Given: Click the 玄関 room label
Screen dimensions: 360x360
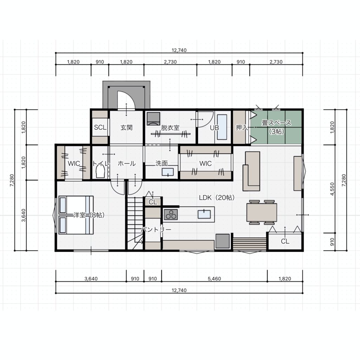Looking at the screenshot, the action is (127, 127).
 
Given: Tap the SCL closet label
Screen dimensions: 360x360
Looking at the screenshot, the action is (100, 127).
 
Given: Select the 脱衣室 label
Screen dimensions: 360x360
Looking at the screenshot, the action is (170, 128).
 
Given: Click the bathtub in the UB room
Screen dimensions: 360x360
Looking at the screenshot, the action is (222, 127).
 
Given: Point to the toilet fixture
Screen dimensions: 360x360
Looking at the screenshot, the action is (100, 172).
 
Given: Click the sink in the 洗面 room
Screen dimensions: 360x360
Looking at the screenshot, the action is (168, 172).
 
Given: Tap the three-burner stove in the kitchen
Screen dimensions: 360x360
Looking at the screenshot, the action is (171, 214).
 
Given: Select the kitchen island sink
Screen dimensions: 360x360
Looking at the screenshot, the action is (204, 214).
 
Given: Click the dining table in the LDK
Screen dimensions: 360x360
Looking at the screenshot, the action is (262, 212).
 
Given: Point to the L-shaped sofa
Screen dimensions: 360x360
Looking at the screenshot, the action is (251, 171).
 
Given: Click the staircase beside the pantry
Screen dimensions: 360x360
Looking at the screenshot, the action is (135, 223).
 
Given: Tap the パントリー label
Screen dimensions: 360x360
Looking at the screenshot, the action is (156, 229).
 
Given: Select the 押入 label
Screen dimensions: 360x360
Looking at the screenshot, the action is (242, 127).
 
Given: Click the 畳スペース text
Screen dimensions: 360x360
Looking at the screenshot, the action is (276, 123).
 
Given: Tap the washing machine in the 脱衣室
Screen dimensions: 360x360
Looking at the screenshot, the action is (153, 119).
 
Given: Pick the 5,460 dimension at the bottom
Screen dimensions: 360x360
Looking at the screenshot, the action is (214, 279).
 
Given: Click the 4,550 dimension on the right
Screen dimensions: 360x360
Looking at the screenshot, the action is (332, 189).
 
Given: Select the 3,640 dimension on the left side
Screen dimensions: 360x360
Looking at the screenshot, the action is (24, 215).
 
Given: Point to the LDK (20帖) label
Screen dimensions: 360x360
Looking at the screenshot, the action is (217, 198).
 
